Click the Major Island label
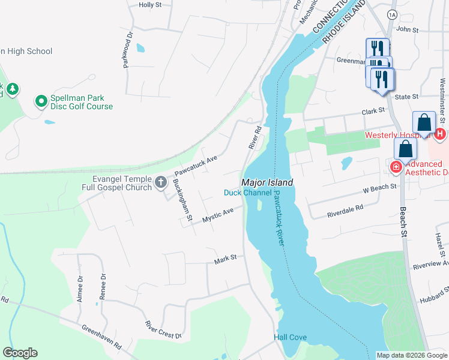point(267,182)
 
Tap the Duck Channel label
point(247,193)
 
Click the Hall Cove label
point(291,338)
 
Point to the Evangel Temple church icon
point(160,182)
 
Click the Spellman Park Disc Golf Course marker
point(41,102)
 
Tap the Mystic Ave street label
point(218,215)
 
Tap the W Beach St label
point(380,187)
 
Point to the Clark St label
point(372,112)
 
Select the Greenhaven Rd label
point(101,337)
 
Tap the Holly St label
point(150,5)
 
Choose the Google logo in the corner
point(20,353)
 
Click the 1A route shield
point(393,14)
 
